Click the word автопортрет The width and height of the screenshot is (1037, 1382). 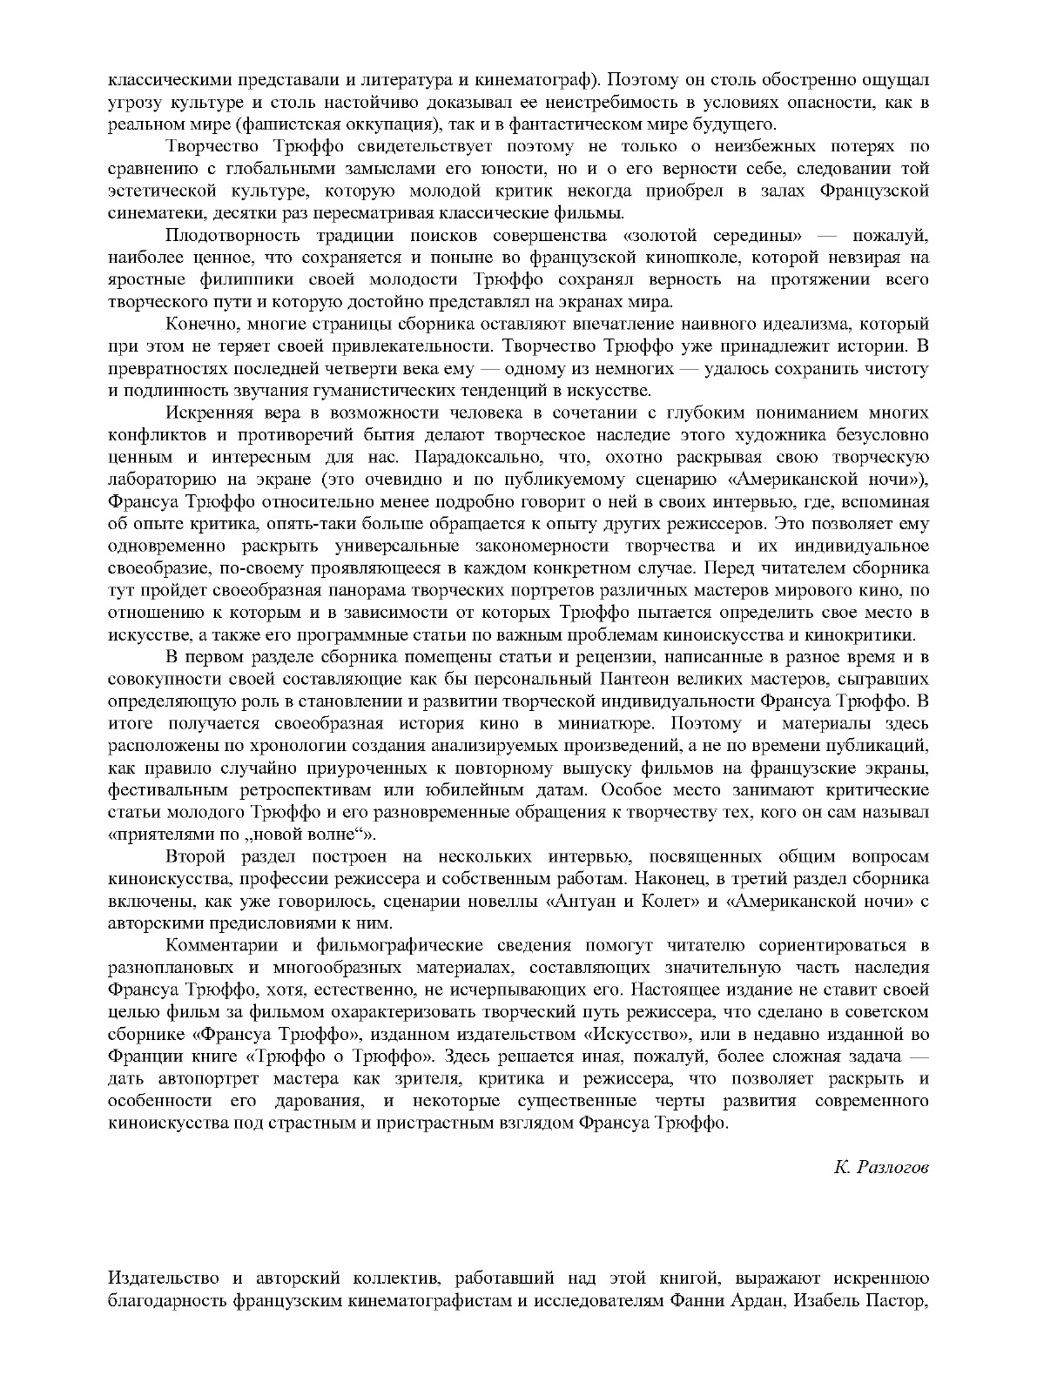pos(196,1078)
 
